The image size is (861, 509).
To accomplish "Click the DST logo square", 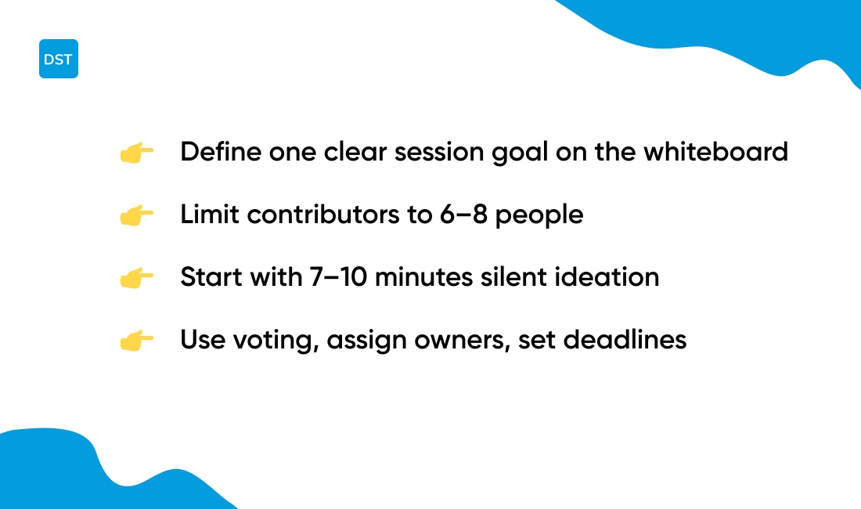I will tap(59, 59).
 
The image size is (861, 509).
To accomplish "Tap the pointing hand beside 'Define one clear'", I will tap(136, 153).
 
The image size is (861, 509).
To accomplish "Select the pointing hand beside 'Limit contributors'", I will tap(136, 215).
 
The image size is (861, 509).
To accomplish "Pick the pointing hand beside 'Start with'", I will tap(136, 278).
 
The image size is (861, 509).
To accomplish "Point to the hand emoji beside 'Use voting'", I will tap(136, 341).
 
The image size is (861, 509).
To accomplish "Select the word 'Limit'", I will tap(204, 214).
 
